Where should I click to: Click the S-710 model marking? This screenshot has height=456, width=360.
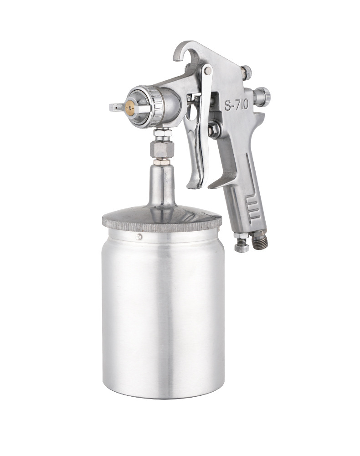pos(236,105)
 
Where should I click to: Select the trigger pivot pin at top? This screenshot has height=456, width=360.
pos(208,70)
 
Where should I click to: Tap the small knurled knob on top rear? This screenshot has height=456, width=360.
pos(247,73)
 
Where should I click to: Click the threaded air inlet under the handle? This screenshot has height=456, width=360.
pos(260,239)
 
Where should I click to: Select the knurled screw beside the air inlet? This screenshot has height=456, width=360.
pos(241,244)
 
